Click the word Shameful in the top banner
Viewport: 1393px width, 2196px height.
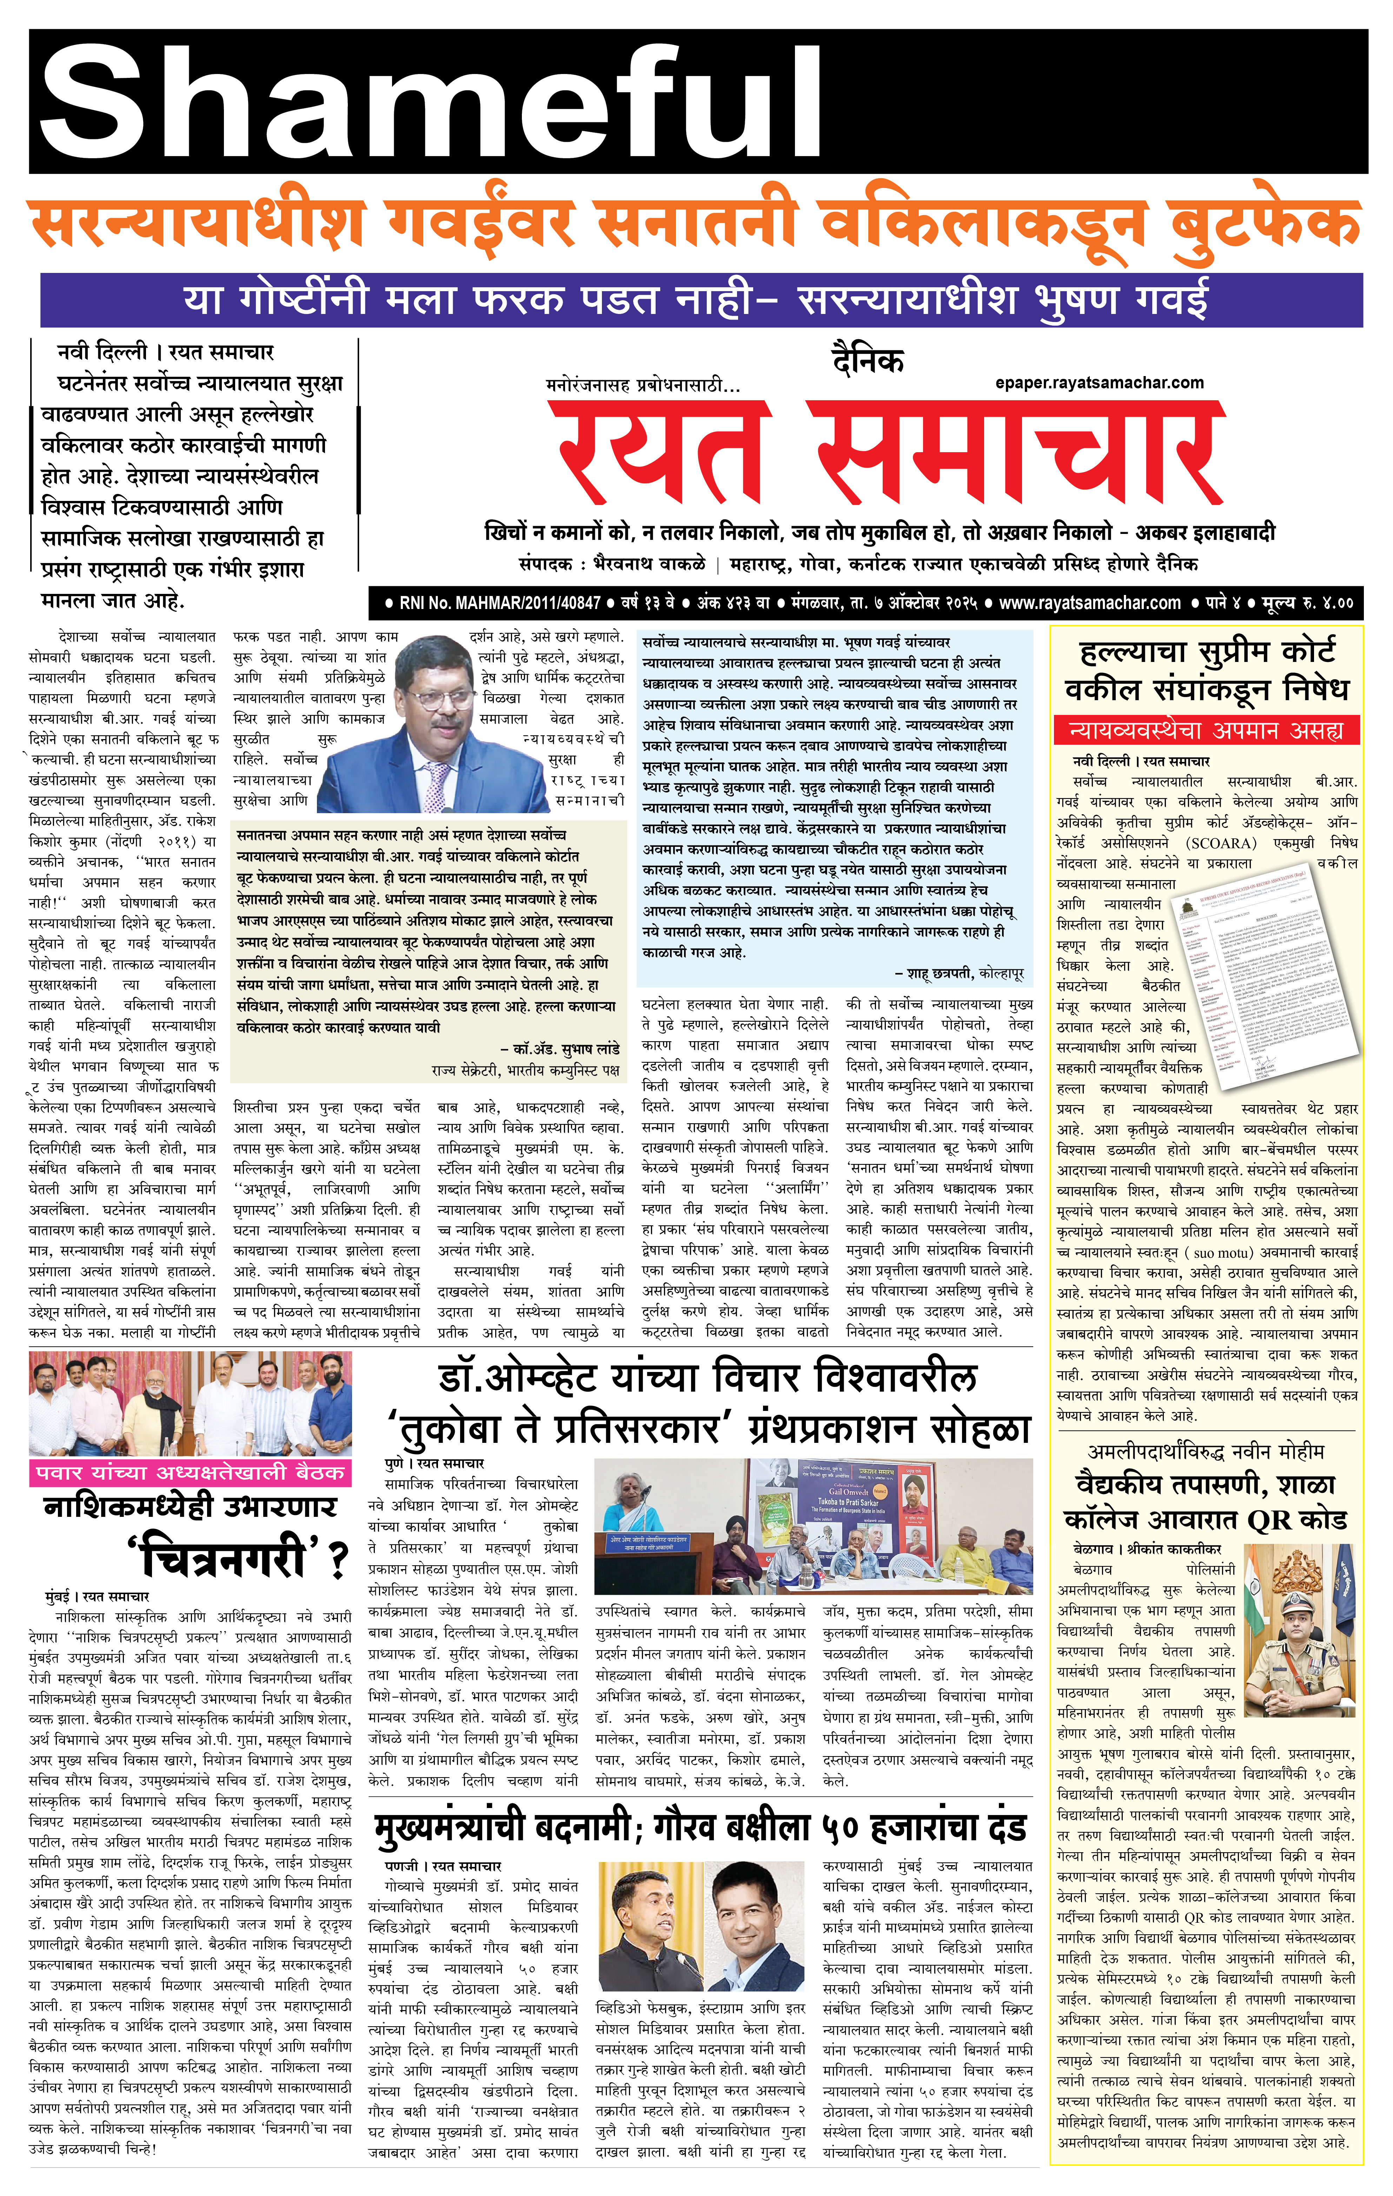pyautogui.click(x=429, y=100)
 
